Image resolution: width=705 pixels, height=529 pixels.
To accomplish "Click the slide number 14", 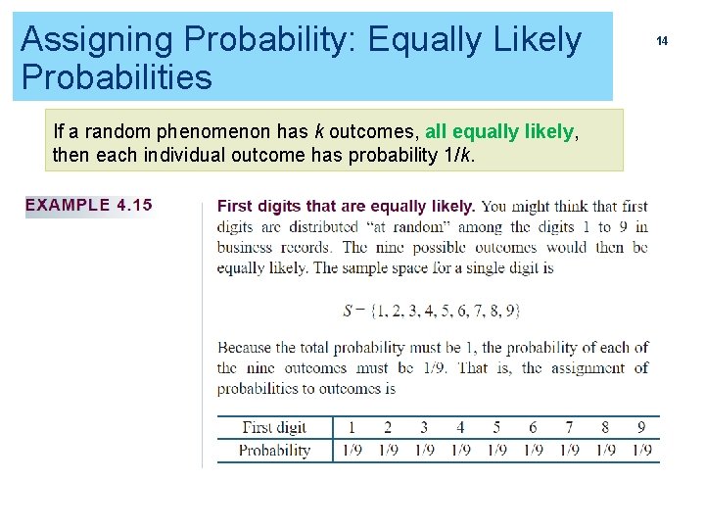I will click(662, 41).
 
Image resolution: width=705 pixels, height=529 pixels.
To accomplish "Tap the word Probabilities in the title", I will click(117, 77).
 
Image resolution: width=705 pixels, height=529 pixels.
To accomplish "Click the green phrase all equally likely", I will click(499, 131).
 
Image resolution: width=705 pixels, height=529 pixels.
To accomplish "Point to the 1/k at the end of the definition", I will click(457, 155).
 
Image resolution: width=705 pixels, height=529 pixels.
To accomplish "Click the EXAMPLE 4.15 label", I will click(89, 206).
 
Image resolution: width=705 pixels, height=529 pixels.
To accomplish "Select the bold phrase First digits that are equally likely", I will click(346, 207).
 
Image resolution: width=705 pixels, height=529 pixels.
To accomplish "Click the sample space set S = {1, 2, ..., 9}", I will click(432, 311).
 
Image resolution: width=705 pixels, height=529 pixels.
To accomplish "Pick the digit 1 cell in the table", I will click(352, 427).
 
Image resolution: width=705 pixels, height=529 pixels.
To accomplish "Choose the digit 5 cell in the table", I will click(496, 427).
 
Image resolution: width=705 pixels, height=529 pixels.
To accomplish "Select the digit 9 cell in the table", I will click(641, 427).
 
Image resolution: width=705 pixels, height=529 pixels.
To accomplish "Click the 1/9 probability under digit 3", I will click(424, 451).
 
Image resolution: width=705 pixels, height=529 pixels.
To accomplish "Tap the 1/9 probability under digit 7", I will click(569, 451).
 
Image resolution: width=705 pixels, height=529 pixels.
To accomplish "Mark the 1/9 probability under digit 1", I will click(352, 451).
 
